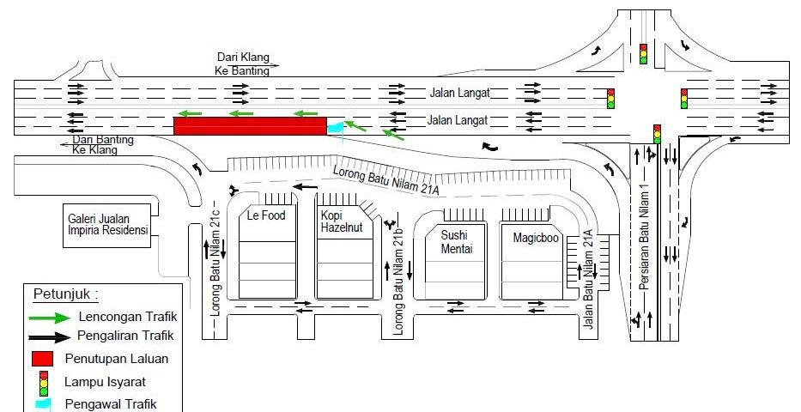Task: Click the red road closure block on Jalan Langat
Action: point(249,126)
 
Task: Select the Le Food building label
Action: point(265,215)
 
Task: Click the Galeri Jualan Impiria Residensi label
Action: point(108,225)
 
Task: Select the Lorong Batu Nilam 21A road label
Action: point(386,183)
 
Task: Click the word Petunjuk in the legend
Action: point(65,294)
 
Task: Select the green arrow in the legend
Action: point(48,317)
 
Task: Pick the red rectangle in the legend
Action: point(44,358)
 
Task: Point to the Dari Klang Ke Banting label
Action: point(244,64)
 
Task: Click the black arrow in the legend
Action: point(48,336)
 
